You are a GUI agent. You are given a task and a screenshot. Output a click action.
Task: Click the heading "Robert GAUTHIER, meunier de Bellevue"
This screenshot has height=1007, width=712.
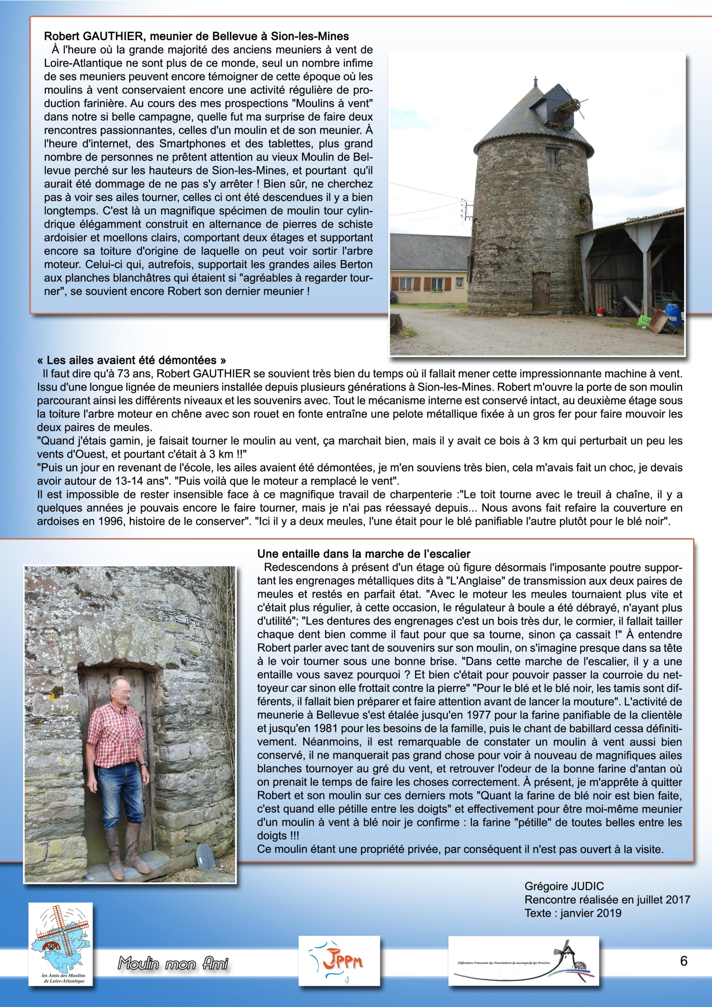[196, 36]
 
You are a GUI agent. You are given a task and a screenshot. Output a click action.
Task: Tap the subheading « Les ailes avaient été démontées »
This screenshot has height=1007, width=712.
[132, 360]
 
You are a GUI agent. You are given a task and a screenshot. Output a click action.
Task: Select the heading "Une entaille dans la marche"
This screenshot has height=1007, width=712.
[364, 554]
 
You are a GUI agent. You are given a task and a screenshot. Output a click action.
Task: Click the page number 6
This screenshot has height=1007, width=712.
[684, 961]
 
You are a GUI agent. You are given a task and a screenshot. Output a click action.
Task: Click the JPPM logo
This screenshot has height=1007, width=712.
[339, 961]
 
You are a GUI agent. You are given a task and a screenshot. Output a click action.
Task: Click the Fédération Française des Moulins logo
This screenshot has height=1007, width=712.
[523, 961]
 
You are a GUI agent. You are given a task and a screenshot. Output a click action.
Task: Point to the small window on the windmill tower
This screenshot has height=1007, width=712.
[551, 161]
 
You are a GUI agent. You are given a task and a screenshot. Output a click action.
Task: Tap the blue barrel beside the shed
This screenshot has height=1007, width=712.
[673, 314]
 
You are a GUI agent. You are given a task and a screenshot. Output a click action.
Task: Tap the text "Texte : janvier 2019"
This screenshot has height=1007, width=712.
[573, 913]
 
